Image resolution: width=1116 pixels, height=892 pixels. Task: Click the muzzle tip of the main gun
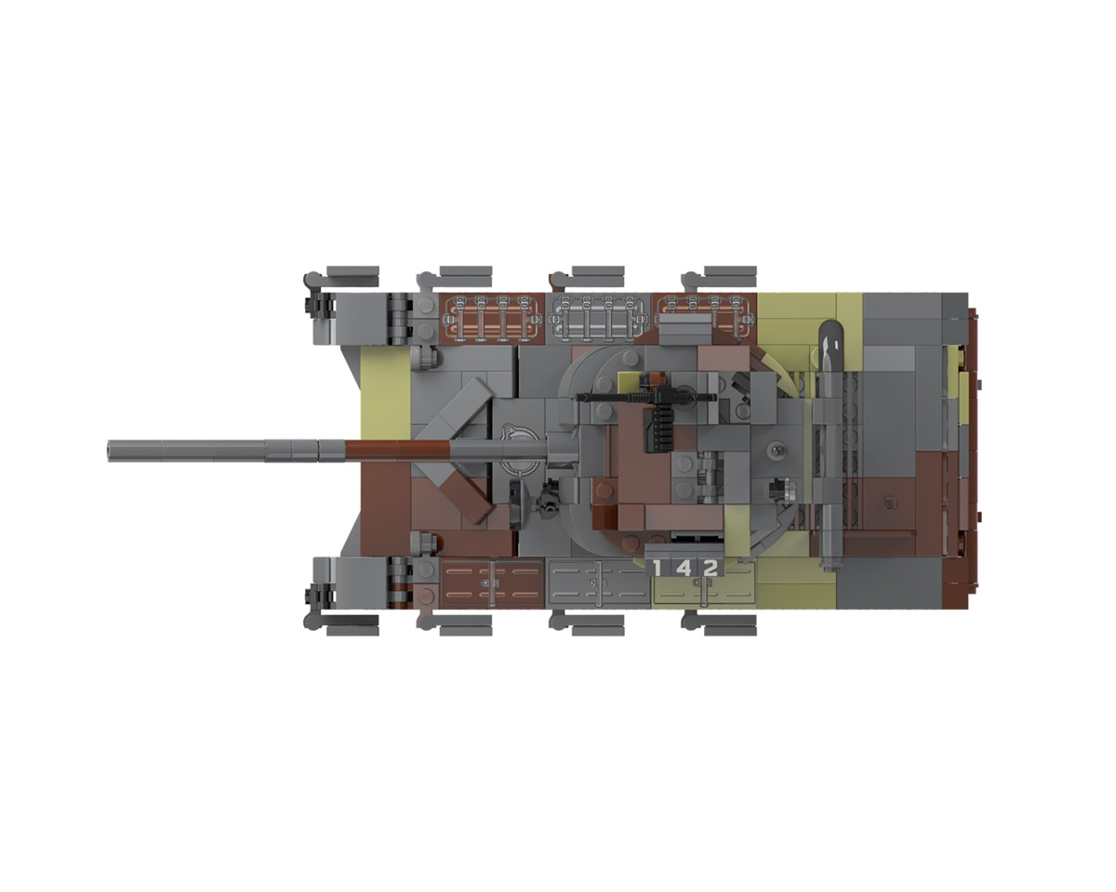pyautogui.click(x=110, y=451)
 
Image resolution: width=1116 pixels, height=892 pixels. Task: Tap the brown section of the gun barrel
pyautogui.click(x=397, y=450)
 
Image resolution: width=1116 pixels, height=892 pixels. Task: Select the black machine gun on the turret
pyautogui.click(x=646, y=398)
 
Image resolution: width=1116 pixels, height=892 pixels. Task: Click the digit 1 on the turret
pyautogui.click(x=658, y=569)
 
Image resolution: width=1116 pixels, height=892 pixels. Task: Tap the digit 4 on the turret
pyautogui.click(x=684, y=569)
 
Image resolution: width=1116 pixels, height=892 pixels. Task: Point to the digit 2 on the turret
pyautogui.click(x=710, y=569)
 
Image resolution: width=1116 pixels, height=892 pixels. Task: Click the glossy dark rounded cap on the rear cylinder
pyautogui.click(x=830, y=337)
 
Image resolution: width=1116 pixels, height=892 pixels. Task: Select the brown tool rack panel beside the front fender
pyautogui.click(x=492, y=319)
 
